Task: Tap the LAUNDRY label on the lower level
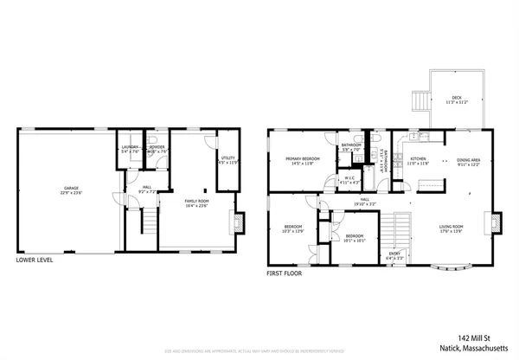[130, 147]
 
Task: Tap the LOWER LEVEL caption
[37, 259]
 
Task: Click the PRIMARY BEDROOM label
[303, 158]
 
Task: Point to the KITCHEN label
[418, 159]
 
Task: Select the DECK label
[456, 98]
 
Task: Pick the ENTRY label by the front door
[394, 254]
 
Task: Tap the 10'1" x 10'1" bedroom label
[356, 236]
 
